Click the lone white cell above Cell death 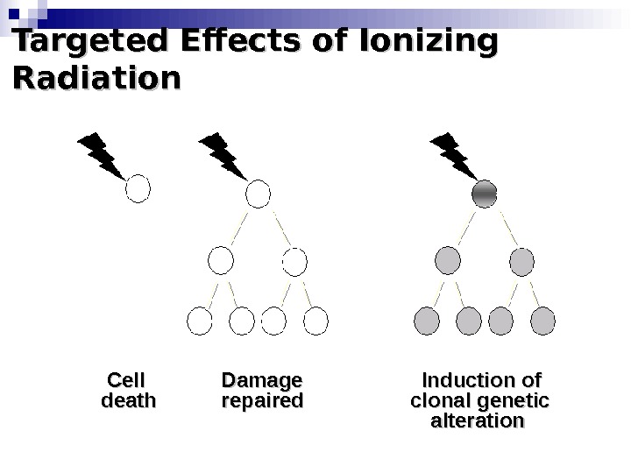139,188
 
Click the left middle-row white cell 221,260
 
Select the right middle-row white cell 294,260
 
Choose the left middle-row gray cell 448,260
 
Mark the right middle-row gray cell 521,260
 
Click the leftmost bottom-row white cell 201,321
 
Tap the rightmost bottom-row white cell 315,321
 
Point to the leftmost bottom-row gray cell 427,321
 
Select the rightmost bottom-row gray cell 542,321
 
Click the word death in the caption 129,402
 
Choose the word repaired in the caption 262,402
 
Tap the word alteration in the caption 479,422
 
